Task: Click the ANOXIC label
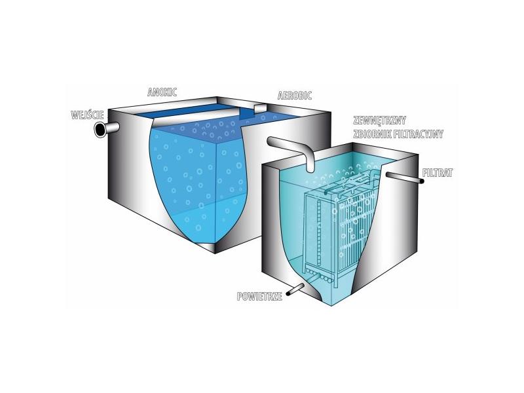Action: pyautogui.click(x=162, y=92)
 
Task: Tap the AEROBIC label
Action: pyautogui.click(x=294, y=96)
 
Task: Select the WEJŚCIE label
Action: pyautogui.click(x=88, y=115)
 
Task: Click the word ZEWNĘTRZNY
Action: pyautogui.click(x=379, y=121)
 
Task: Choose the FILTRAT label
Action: pyautogui.click(x=438, y=173)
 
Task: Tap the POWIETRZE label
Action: pyautogui.click(x=259, y=297)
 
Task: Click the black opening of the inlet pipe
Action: pyautogui.click(x=100, y=130)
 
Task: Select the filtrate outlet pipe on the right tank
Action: pyautogui.click(x=405, y=178)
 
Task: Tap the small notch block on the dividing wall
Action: pyautogui.click(x=260, y=109)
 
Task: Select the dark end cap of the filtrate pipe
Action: pyautogui.click(x=422, y=181)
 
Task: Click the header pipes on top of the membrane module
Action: pyautogui.click(x=351, y=184)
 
